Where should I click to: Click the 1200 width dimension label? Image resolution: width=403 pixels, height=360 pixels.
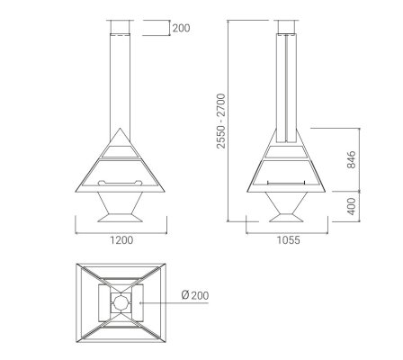click(121, 240)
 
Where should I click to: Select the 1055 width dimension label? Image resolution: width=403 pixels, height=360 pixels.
click(288, 240)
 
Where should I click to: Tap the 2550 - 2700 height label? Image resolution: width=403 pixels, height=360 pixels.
click(221, 121)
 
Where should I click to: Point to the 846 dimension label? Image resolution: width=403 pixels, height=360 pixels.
click(352, 159)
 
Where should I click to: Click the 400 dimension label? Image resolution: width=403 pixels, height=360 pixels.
click(352, 206)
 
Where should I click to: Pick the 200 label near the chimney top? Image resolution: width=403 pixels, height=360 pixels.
click(181, 28)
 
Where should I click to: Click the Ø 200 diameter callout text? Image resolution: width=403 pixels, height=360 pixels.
click(195, 295)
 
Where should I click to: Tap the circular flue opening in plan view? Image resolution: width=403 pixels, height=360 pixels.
click(121, 302)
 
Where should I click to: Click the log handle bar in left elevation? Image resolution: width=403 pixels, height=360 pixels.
click(121, 183)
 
